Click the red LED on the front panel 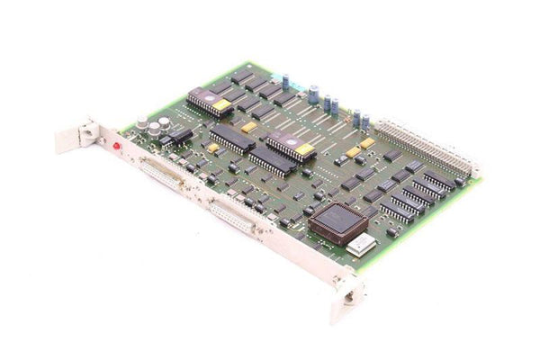[x=116, y=144]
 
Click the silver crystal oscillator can [x=364, y=244]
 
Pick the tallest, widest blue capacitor [x=314, y=93]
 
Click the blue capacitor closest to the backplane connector [x=366, y=119]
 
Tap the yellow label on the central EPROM [x=302, y=150]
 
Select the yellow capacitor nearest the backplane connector [x=366, y=143]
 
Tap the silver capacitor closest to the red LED [x=142, y=122]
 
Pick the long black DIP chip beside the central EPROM [x=232, y=140]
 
